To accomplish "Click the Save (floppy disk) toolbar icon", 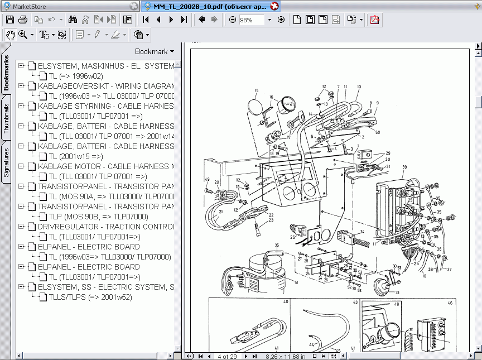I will click(x=9, y=20).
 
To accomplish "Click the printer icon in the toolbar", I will click(x=22, y=20).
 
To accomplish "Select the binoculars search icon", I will click(x=72, y=20).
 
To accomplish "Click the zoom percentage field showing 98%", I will click(x=252, y=20).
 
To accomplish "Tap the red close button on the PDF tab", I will click(x=274, y=7).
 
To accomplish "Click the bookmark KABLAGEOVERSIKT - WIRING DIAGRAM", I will click(x=105, y=86).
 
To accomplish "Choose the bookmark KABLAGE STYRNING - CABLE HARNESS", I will click(x=105, y=106).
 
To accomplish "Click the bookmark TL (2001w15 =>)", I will click(x=76, y=156).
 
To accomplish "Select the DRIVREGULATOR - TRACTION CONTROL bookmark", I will click(x=105, y=227).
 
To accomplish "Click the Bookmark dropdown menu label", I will click(x=154, y=51).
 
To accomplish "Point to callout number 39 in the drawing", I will click(x=404, y=167).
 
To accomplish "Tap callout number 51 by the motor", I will click(x=296, y=282).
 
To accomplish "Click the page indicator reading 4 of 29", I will click(x=227, y=356).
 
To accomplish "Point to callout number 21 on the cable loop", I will click(x=220, y=212).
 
